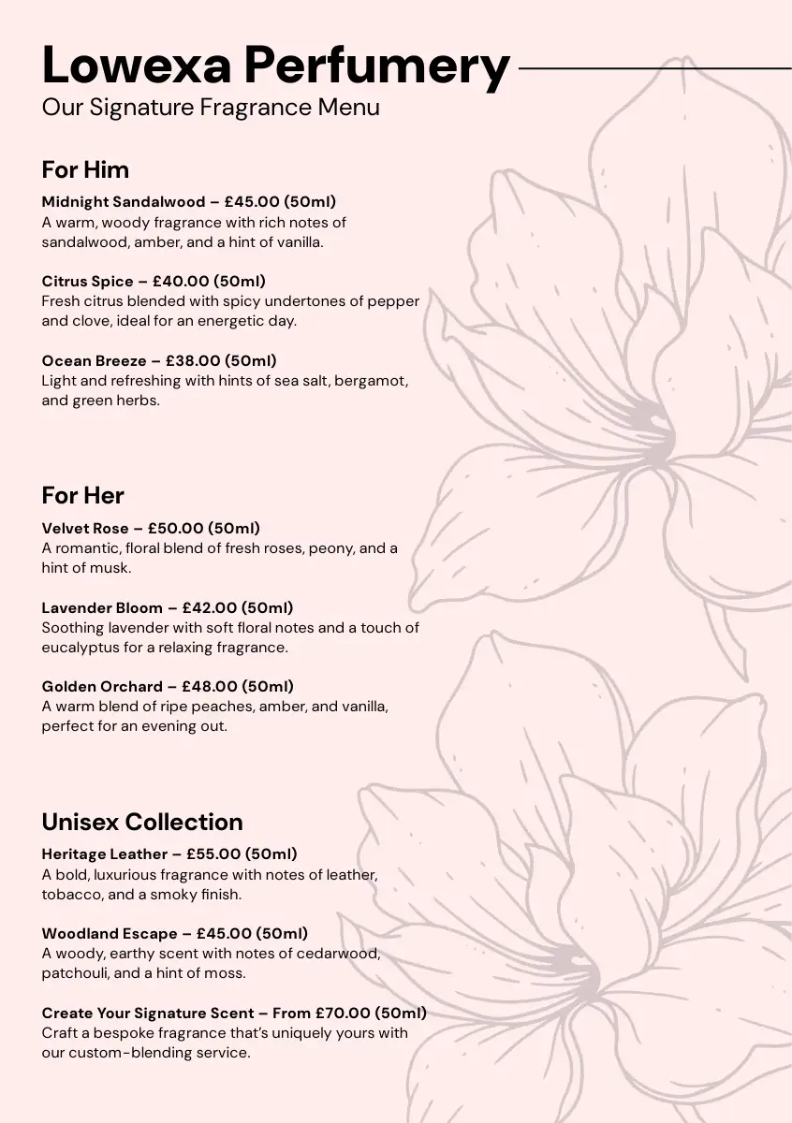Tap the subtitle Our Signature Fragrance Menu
[211, 107]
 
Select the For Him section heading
[85, 170]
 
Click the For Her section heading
[82, 495]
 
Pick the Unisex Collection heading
[142, 822]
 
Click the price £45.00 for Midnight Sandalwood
[252, 201]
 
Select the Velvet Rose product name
[85, 528]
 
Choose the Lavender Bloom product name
[102, 607]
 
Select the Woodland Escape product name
[110, 933]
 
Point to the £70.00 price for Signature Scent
[343, 1013]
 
